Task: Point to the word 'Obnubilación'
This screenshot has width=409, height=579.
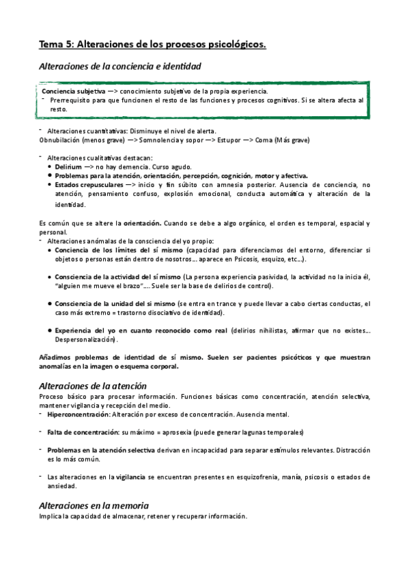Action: (x=59, y=141)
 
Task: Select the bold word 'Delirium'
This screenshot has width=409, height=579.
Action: (x=69, y=167)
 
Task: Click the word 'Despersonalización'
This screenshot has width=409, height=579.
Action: (x=85, y=339)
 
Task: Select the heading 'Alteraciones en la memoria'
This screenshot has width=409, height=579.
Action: (x=94, y=505)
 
